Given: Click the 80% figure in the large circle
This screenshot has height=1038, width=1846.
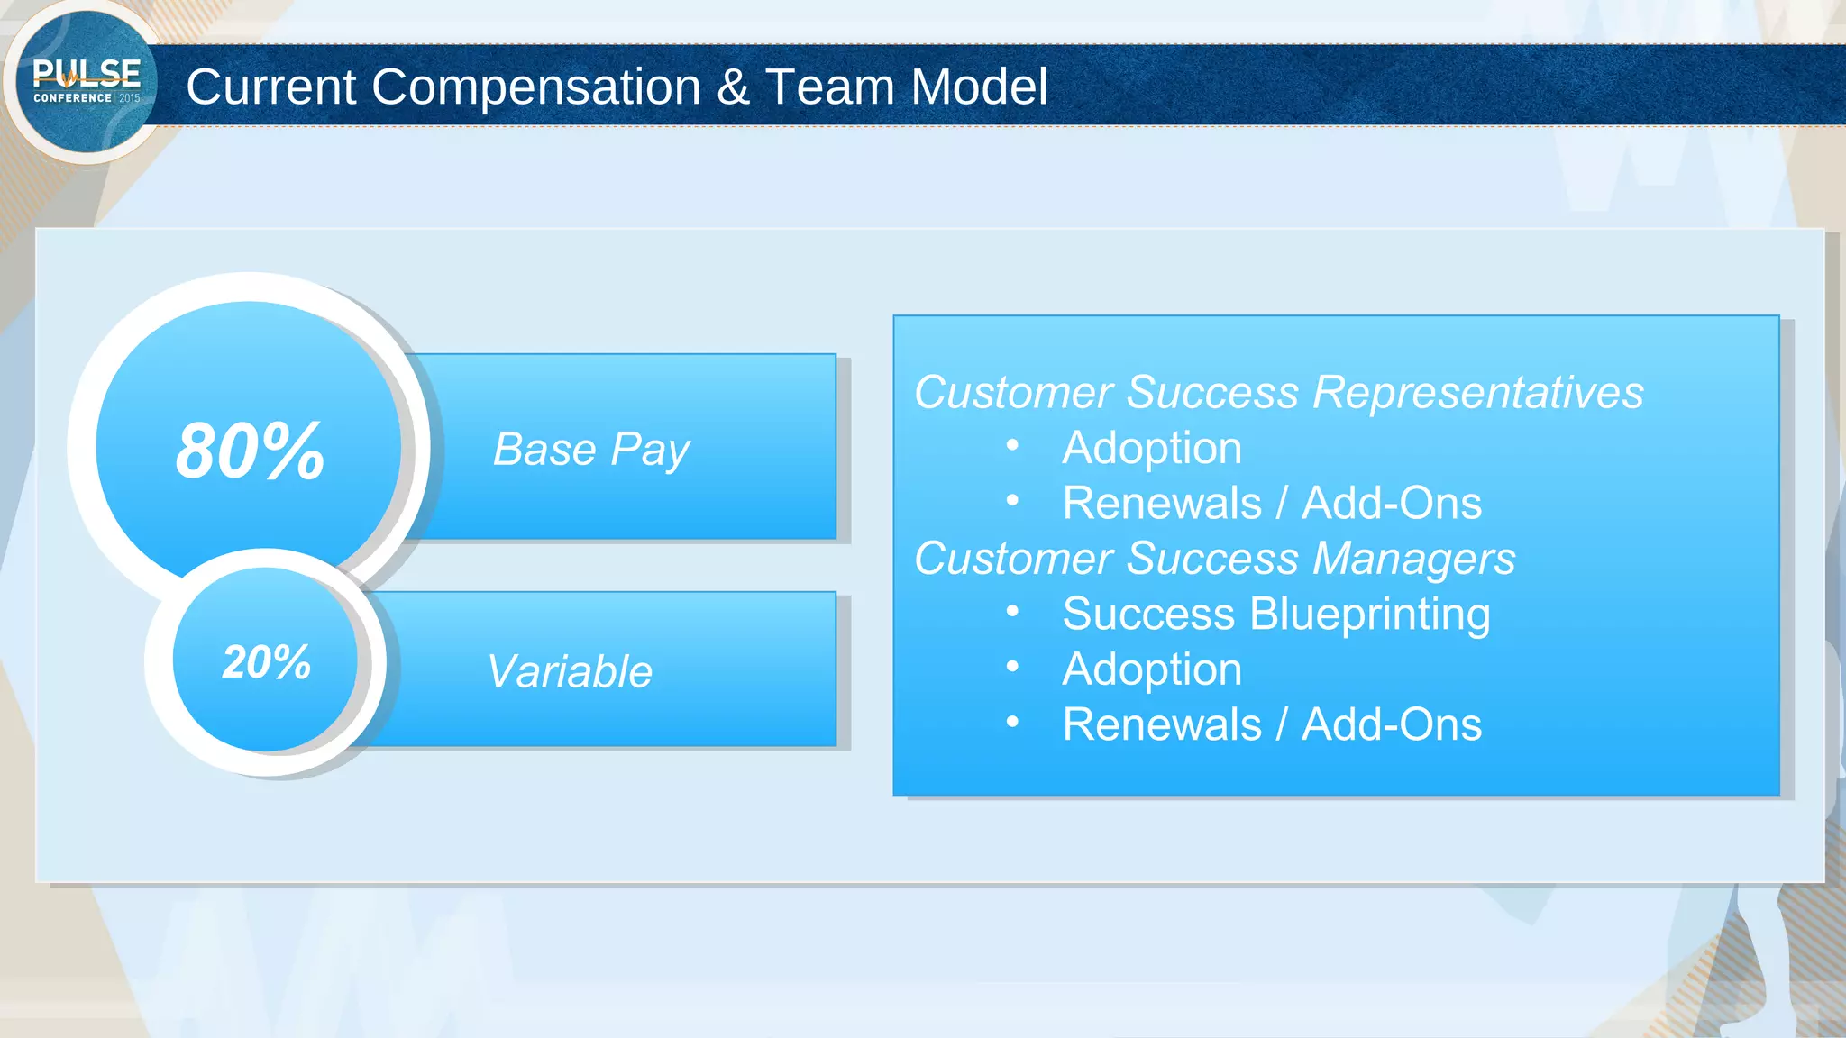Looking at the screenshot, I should click(x=250, y=450).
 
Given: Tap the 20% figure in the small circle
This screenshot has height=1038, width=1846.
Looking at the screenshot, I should click(x=266, y=662).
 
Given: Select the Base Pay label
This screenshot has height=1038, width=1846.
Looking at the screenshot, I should click(x=591, y=449).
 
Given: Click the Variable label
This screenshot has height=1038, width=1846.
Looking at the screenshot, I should click(x=570, y=671).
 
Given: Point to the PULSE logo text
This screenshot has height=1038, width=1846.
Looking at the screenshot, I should click(x=87, y=73).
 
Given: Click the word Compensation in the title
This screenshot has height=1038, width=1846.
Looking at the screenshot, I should click(x=536, y=87).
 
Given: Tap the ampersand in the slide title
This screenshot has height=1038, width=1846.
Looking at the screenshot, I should click(x=734, y=87).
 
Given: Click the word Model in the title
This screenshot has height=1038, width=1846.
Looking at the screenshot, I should click(x=979, y=87).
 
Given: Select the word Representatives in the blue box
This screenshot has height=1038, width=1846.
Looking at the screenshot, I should click(x=1478, y=393).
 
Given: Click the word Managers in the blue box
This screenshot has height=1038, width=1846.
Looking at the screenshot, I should click(x=1414, y=559).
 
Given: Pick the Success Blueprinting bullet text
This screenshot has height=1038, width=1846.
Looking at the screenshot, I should click(x=1276, y=614).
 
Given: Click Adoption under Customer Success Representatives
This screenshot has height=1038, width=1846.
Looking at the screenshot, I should click(x=1152, y=448).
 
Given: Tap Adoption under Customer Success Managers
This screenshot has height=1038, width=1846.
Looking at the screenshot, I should click(x=1152, y=669).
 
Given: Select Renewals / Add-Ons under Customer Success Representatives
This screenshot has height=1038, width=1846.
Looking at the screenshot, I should click(x=1272, y=503).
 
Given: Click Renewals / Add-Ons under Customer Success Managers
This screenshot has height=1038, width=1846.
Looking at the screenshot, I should click(x=1272, y=724).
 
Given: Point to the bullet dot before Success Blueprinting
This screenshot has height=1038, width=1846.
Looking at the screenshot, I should click(x=1012, y=612).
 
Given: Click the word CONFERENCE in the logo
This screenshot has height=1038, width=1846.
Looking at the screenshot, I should click(x=72, y=98).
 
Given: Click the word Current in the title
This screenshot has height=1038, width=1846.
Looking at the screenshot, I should click(x=271, y=87).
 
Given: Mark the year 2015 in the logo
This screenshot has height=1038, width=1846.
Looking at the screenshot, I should click(x=130, y=98).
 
